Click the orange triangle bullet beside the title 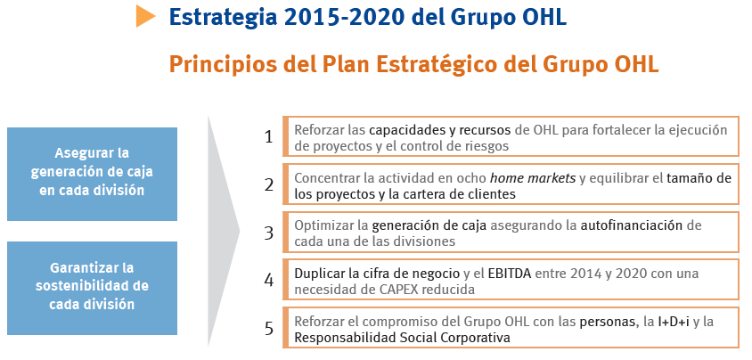point(145,16)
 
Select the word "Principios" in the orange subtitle point(223,65)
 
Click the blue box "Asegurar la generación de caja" point(92,174)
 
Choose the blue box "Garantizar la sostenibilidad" point(92,288)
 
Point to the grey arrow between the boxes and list point(224,231)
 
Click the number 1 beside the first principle point(268,137)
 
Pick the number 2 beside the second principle point(268,185)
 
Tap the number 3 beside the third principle point(268,233)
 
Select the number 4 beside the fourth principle point(268,281)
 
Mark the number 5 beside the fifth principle point(268,328)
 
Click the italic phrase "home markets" point(532,178)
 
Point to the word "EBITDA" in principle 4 point(510,274)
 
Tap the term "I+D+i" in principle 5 point(674,322)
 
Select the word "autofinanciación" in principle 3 point(632,225)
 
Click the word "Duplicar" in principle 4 point(320,274)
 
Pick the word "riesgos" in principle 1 point(486,147)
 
